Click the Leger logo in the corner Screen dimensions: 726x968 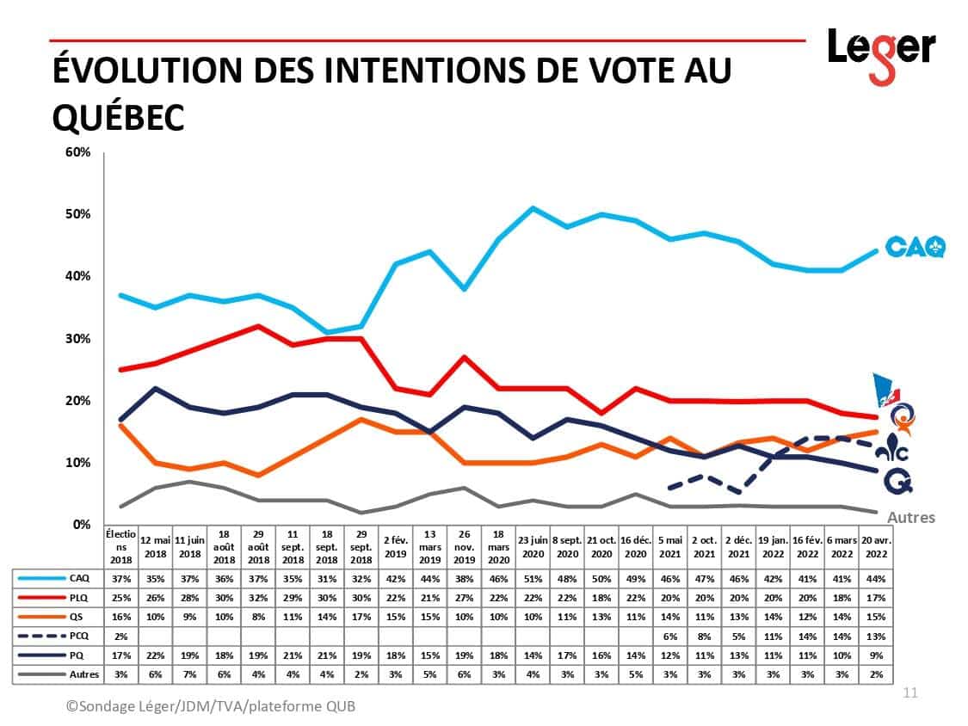(881, 53)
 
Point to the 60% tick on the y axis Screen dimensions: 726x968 (78, 152)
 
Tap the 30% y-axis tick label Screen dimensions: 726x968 (78, 339)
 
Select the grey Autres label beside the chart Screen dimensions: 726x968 (911, 518)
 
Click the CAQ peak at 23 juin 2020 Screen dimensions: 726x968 (533, 208)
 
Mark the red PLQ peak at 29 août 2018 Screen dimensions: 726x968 (258, 326)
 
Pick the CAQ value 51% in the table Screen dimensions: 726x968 (533, 577)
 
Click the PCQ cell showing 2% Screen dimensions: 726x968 (120, 636)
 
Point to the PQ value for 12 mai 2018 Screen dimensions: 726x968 (155, 655)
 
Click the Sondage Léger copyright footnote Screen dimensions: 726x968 (211, 706)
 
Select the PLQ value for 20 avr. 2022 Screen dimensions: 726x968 (877, 597)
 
